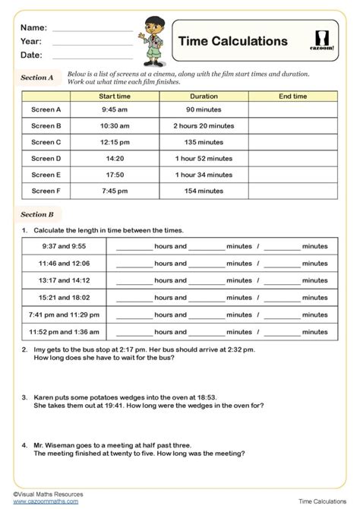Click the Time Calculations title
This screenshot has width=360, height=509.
pos(232,42)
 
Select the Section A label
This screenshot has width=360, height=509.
pos(37,77)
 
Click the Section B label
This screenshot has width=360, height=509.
pos(37,215)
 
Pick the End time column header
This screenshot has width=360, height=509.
pos(292,96)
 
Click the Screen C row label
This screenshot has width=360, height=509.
pos(46,142)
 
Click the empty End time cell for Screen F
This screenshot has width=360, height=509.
pos(292,191)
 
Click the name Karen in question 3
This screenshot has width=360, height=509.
pos(43,397)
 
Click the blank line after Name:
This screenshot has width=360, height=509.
pos(93,27)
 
